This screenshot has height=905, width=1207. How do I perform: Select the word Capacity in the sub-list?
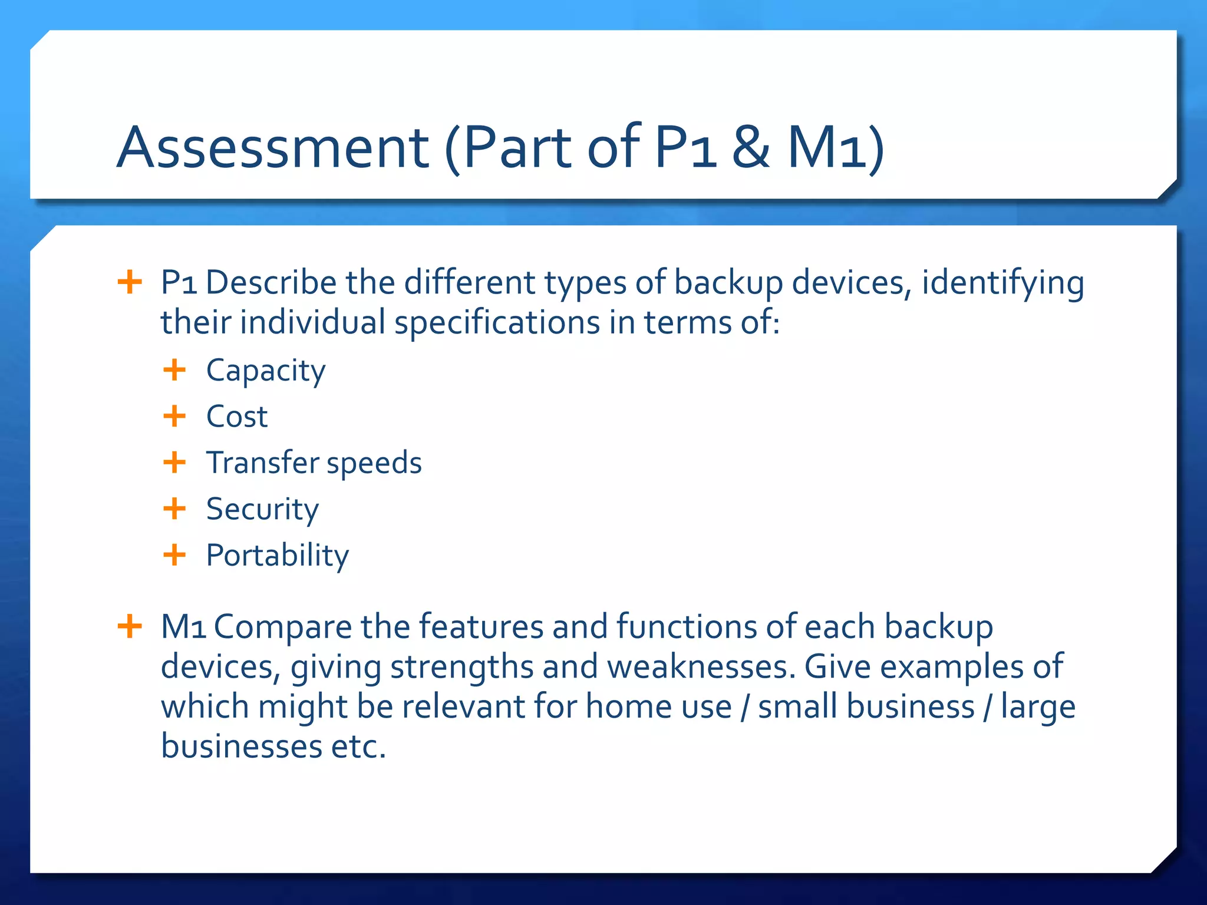coord(265,371)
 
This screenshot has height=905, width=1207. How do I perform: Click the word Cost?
coord(237,417)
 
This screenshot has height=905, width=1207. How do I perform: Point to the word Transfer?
coord(262,463)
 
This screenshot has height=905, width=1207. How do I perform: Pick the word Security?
coord(262,510)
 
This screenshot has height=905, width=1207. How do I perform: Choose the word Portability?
coord(277,556)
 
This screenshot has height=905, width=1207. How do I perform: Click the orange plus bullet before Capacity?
coord(174,371)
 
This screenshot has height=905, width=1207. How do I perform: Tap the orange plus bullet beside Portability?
coord(174,555)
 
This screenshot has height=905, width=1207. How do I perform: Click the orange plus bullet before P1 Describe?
coord(130,282)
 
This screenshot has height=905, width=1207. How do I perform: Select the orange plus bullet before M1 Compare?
coord(130,626)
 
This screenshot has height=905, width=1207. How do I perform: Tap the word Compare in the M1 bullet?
coord(282,627)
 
